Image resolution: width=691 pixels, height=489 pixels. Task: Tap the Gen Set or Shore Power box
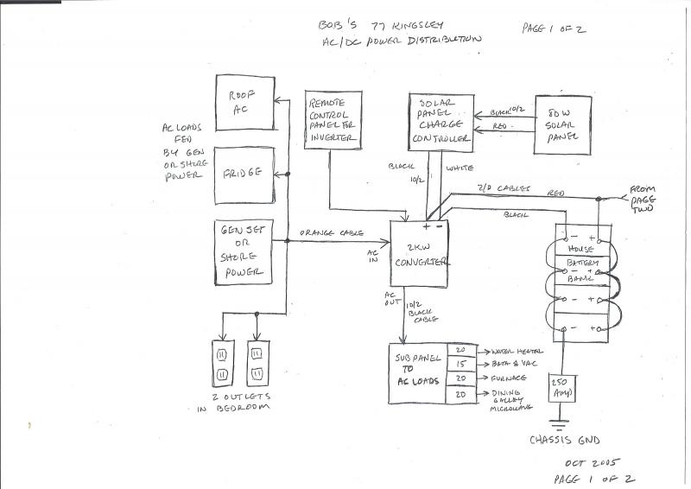pyautogui.click(x=244, y=251)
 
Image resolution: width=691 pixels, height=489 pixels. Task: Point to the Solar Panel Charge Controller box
pyautogui.click(x=441, y=126)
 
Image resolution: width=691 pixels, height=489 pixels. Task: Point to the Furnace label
pyautogui.click(x=510, y=379)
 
